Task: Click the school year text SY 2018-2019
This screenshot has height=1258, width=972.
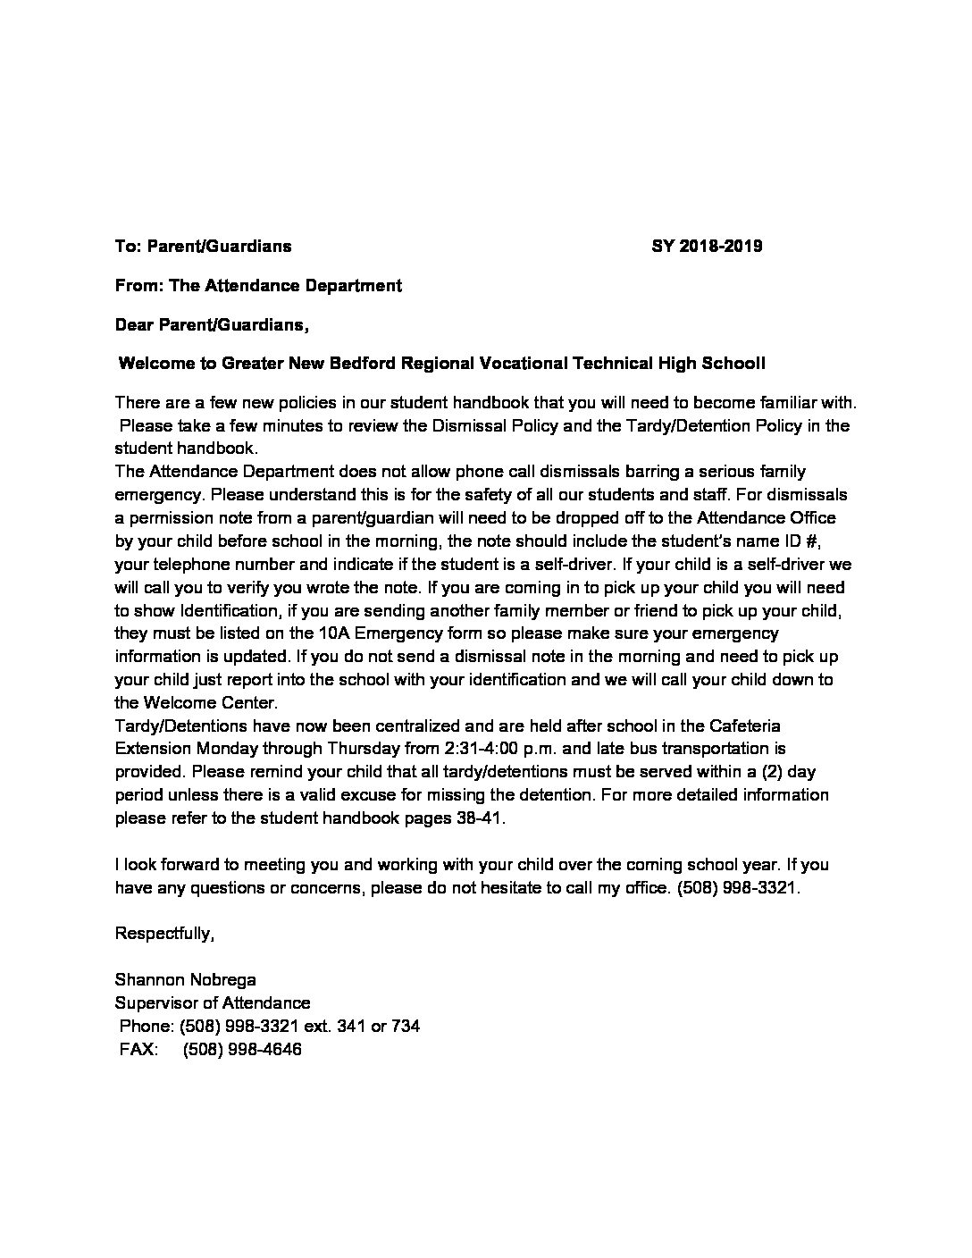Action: (x=707, y=246)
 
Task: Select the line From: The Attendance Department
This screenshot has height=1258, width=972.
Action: (x=258, y=286)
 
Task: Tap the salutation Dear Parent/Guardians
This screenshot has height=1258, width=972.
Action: (x=212, y=325)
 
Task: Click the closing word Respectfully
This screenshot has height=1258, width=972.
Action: (x=164, y=934)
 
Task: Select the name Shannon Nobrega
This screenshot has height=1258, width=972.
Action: (x=186, y=980)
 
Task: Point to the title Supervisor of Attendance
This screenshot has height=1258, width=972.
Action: (x=213, y=1003)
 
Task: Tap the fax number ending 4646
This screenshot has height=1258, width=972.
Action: (x=242, y=1050)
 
